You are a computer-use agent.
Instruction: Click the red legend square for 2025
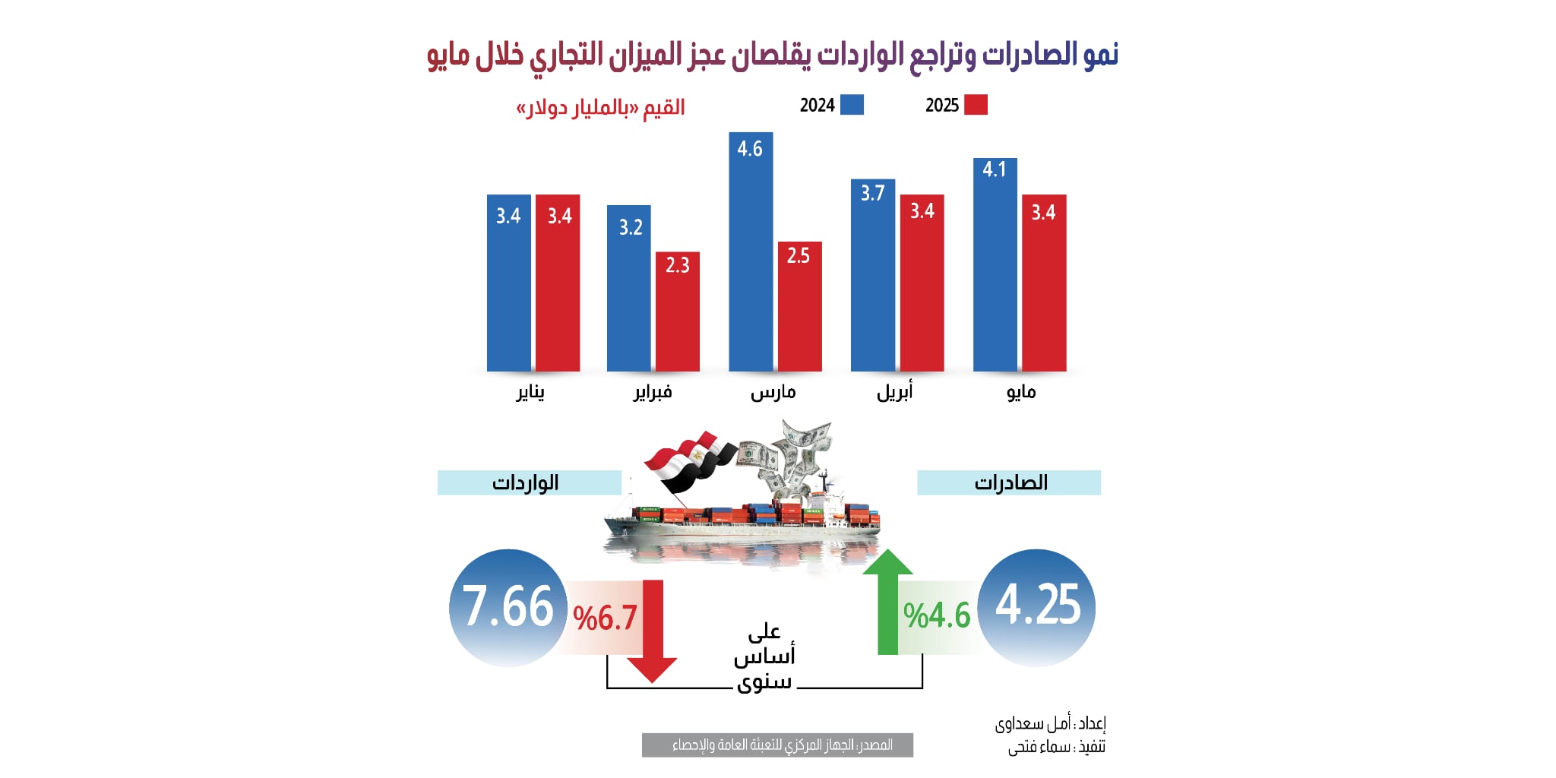pyautogui.click(x=976, y=105)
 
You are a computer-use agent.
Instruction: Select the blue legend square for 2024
pyautogui.click(x=852, y=105)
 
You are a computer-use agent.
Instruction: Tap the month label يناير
pyautogui.click(x=530, y=392)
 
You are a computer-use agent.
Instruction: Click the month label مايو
pyautogui.click(x=1020, y=392)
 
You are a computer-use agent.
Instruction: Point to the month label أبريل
pyautogui.click(x=895, y=392)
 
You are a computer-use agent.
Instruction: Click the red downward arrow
pyautogui.click(x=653, y=631)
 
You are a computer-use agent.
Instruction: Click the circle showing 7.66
pyautogui.click(x=508, y=608)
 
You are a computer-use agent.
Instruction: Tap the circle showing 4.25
pyautogui.click(x=1037, y=608)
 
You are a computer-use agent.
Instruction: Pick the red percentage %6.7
pyautogui.click(x=605, y=618)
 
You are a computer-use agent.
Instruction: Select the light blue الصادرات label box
pyautogui.click(x=1008, y=482)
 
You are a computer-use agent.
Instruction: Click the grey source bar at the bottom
pyautogui.click(x=777, y=745)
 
